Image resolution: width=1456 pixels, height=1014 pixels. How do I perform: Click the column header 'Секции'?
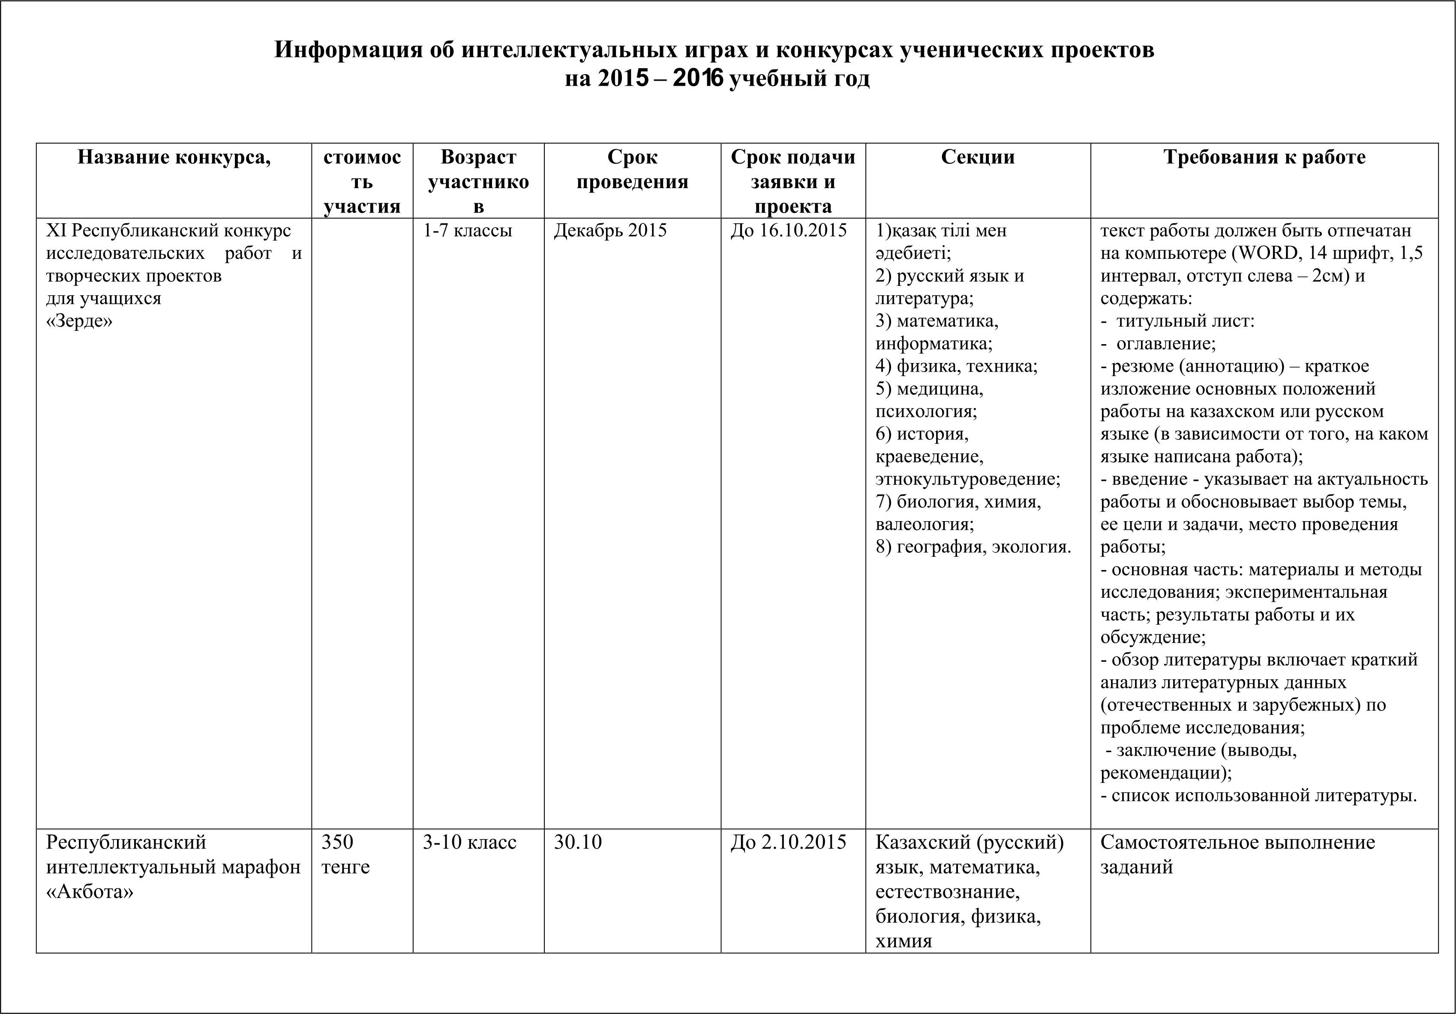(977, 157)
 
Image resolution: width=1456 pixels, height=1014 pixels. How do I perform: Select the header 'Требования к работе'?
(1264, 157)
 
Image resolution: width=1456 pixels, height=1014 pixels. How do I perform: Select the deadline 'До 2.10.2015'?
(788, 842)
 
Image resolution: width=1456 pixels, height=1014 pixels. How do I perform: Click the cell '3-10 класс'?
(469, 842)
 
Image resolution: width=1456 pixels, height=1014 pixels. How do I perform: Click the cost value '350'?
(337, 842)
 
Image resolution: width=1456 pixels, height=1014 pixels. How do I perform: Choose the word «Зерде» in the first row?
(79, 321)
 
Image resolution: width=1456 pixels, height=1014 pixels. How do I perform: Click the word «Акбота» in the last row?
(90, 891)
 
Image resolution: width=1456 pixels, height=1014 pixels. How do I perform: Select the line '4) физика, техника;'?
(956, 366)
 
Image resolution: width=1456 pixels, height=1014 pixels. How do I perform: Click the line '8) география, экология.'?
(973, 546)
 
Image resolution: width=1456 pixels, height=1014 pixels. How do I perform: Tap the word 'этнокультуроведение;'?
(968, 479)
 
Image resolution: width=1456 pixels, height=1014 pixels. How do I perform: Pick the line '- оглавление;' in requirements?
(1159, 344)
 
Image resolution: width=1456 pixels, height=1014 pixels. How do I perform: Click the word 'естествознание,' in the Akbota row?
(947, 891)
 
